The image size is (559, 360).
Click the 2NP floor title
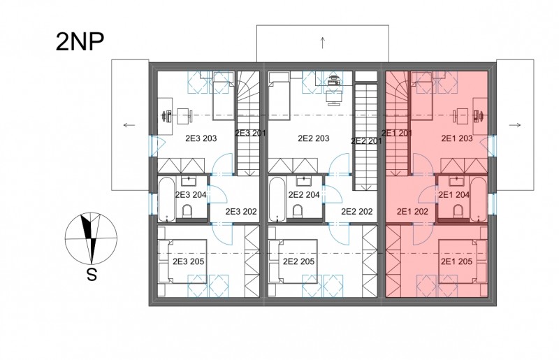click(x=80, y=42)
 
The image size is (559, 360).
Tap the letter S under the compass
click(x=92, y=275)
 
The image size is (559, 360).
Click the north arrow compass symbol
click(x=91, y=238)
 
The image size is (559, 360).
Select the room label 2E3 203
click(x=201, y=138)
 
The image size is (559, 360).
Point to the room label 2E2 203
click(x=313, y=138)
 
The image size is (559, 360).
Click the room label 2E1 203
click(x=457, y=138)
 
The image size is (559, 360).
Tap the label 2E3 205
click(x=188, y=261)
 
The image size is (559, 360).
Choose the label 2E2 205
click(x=298, y=261)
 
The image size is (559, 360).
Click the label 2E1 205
click(x=456, y=261)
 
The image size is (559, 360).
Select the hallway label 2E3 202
click(x=241, y=212)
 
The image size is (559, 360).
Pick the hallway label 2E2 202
click(x=357, y=212)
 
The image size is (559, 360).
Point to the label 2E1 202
click(x=412, y=212)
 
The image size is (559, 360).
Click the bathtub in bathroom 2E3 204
click(x=166, y=199)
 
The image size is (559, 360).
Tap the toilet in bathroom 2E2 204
click(x=298, y=211)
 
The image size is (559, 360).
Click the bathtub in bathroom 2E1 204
click(x=479, y=199)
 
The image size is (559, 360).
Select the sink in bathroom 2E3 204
click(x=188, y=181)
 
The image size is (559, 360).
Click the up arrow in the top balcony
click(x=323, y=43)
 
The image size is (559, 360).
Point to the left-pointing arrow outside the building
click(x=129, y=125)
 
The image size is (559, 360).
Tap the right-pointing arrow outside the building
click(x=515, y=125)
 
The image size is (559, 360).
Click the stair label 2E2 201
click(x=366, y=141)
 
